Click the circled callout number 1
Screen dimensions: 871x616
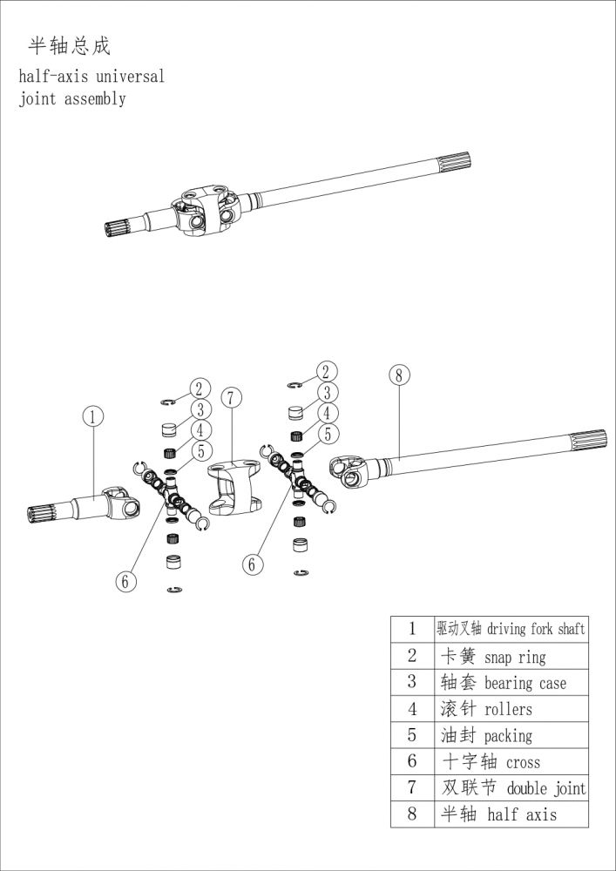[95, 416]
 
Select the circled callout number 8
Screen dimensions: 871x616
[398, 375]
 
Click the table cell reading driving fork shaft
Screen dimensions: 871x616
[510, 629]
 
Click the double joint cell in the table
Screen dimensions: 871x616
[510, 788]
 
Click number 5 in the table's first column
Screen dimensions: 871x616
[412, 736]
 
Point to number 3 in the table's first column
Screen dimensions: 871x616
[412, 683]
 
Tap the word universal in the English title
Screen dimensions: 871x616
[131, 77]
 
